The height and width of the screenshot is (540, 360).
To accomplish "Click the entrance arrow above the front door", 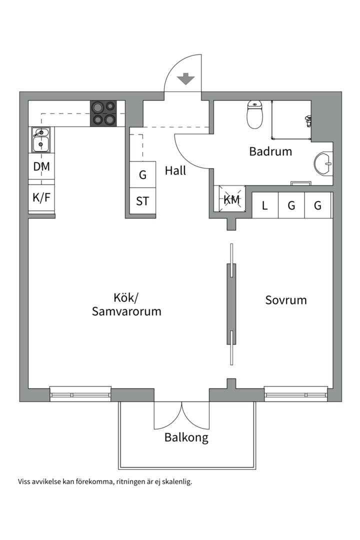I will (x=185, y=78).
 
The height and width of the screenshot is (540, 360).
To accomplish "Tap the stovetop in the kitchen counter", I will (x=103, y=113).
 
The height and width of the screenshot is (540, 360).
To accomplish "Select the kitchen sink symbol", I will (x=40, y=139).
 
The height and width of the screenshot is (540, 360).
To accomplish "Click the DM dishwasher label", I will (x=41, y=167).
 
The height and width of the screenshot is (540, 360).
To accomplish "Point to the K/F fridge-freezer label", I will (x=41, y=197).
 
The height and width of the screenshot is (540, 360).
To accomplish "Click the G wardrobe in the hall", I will (x=142, y=175).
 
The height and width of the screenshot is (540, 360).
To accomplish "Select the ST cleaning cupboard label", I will (x=142, y=201).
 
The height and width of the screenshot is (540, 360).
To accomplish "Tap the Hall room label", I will (x=175, y=170).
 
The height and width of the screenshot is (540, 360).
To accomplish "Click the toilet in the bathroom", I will (x=255, y=114).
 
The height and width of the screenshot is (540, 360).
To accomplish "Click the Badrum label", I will (x=270, y=151).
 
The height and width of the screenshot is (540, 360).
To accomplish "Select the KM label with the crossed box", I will (x=231, y=200).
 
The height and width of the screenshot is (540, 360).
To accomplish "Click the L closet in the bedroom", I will (x=265, y=205).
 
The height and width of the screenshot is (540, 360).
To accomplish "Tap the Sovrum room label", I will (x=286, y=300).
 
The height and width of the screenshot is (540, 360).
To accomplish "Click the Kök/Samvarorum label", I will (x=126, y=304).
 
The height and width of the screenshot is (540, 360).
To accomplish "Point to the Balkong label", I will (x=186, y=438).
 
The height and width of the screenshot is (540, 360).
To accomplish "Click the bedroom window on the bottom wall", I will (x=296, y=394).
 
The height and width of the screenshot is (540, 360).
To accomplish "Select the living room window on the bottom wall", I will (x=80, y=394).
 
